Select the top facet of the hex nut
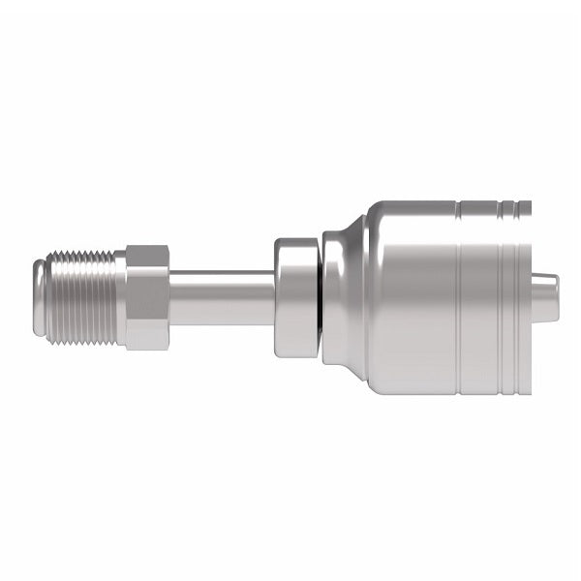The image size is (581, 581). click(x=148, y=259)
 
